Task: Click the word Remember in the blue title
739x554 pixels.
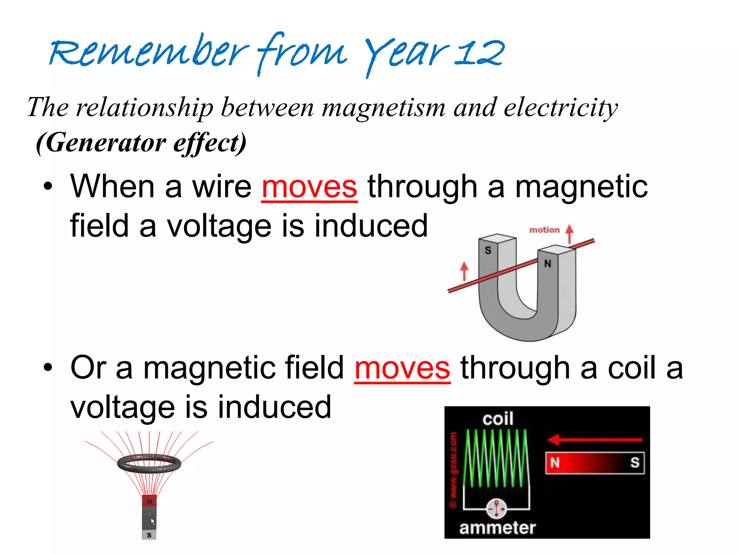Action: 148,52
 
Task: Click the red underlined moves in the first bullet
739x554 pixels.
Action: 309,188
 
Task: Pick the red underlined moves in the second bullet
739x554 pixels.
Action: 402,369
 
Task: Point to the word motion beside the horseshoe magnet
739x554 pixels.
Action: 544,230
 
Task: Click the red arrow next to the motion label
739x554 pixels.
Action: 569,234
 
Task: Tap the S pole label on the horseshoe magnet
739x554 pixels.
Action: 488,250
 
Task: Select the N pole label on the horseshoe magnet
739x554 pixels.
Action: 547,264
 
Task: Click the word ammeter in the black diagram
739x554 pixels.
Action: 497,528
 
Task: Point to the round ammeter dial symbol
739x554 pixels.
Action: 497,508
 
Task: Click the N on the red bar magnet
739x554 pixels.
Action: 555,462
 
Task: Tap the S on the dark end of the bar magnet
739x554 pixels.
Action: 635,462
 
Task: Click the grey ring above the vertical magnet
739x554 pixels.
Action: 149,463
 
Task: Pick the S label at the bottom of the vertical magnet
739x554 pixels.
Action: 149,535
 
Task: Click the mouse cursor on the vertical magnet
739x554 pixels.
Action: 153,522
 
